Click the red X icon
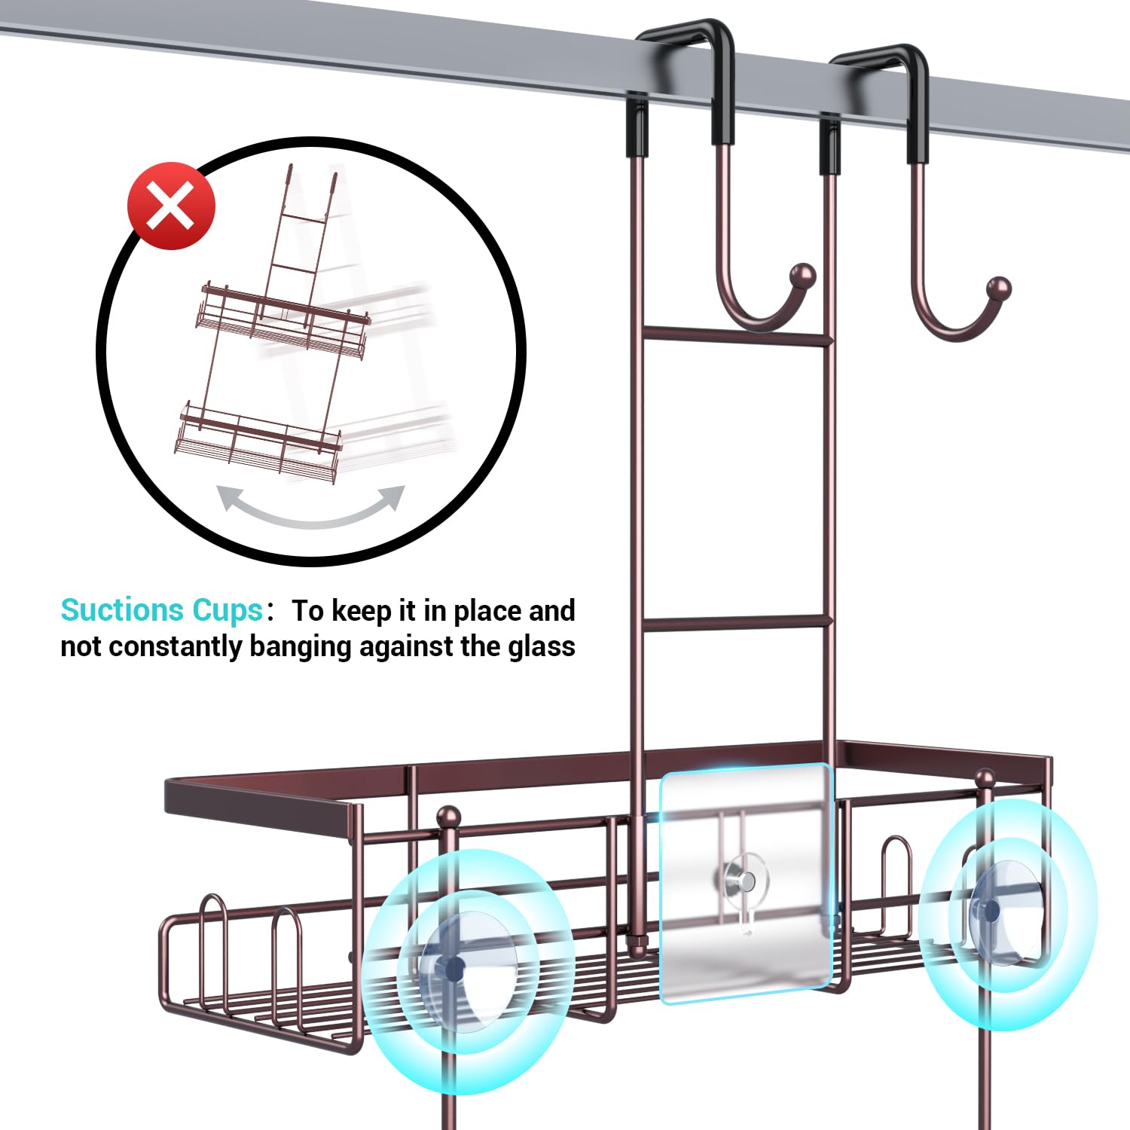pos(172,206)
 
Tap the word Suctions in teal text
pos(122,610)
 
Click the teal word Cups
pos(227,610)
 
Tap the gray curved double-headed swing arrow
pos(310,506)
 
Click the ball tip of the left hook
pos(803,274)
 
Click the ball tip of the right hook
pos(999,289)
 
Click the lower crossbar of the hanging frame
pos(736,622)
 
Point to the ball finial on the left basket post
pos(449,817)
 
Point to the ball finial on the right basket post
pos(985,779)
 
